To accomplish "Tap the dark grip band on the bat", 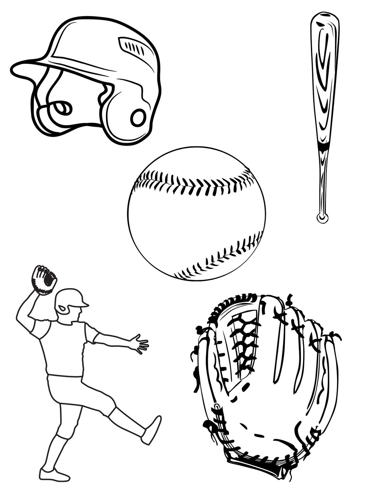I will tap(323, 146).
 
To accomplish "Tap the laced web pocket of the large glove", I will tap(242, 339).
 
